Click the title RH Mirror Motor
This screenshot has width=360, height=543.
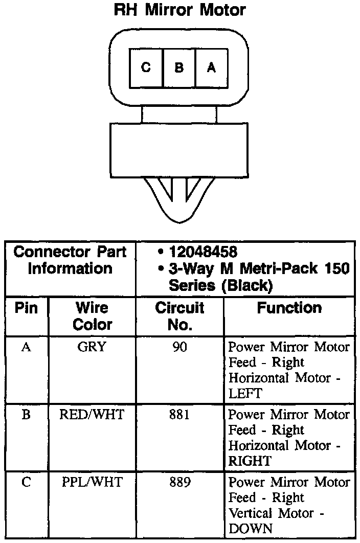coord(179,10)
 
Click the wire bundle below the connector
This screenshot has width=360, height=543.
coord(179,197)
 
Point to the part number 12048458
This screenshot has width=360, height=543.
coord(203,252)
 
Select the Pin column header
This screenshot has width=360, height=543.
coord(26,308)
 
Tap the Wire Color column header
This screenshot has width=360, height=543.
coord(92,316)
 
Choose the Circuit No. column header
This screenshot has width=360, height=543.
coord(179,316)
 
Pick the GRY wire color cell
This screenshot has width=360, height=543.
coord(92,347)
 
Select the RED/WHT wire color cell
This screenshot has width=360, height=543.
coord(92,415)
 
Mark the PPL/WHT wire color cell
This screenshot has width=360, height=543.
coord(92,482)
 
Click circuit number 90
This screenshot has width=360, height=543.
coord(179,347)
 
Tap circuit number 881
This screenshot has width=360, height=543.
coord(179,415)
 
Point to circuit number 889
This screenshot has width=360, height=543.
coord(179,482)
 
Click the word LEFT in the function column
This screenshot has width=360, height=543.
coord(245,394)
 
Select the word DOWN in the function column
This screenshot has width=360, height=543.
coord(251,529)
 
